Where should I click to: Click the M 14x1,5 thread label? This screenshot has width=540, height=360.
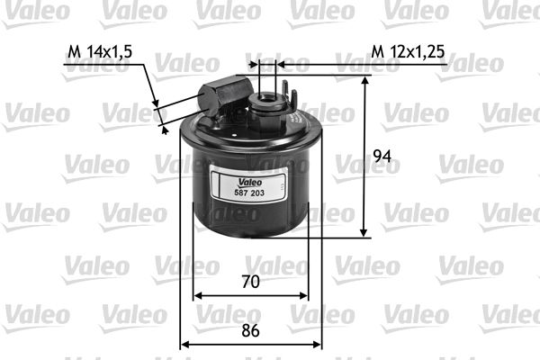100,51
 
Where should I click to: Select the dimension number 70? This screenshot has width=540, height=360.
251,282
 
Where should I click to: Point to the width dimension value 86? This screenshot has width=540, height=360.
251,329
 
